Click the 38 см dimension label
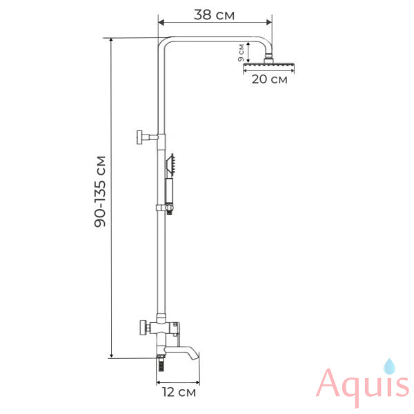click(214, 14)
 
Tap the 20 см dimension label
click(269, 79)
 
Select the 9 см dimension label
click(241, 52)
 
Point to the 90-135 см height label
click(100, 191)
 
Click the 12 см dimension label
click(179, 392)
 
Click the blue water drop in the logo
click(389, 366)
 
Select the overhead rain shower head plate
click(268, 65)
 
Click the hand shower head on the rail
click(170, 165)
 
